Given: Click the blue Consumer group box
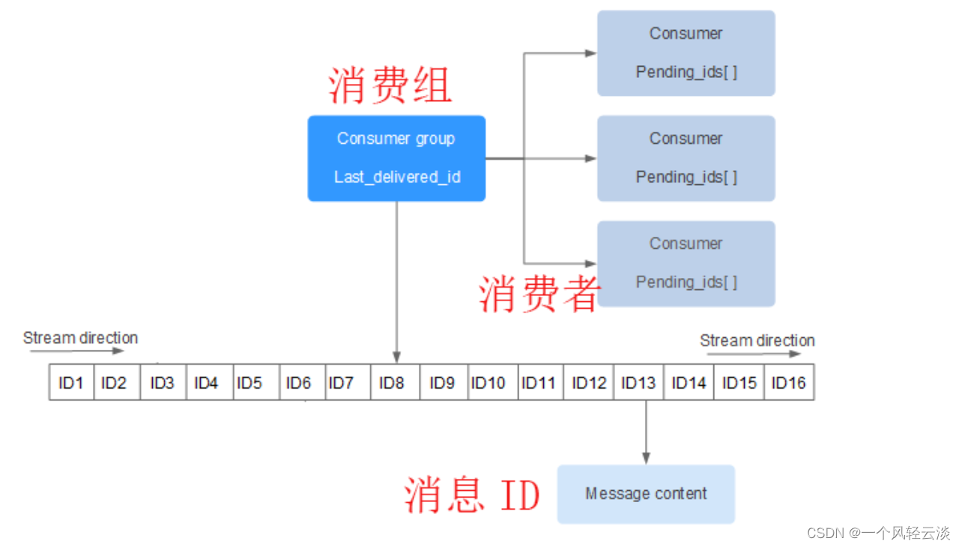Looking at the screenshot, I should [396, 158].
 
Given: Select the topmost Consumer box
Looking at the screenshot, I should [686, 53].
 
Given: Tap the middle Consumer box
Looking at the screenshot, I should [686, 158].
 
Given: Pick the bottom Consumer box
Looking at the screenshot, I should [686, 263].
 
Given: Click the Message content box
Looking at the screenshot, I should [646, 494].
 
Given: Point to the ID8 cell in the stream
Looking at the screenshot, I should [392, 383].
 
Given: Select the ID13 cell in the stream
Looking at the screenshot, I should [638, 383].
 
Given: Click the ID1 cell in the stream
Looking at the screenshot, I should [71, 383].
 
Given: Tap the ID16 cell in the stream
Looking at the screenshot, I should [789, 383].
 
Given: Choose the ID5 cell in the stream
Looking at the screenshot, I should [249, 383].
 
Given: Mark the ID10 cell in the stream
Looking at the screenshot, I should [488, 383].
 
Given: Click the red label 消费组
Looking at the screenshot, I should [390, 85].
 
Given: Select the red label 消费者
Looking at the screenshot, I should [539, 293].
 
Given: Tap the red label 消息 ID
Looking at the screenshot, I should [472, 495].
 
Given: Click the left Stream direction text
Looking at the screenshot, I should [80, 338].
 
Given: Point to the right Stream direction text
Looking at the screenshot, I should [757, 340].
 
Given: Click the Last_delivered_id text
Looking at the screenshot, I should [397, 177].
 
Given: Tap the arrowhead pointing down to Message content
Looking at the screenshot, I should [646, 458].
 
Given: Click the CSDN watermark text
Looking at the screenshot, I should [878, 533].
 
